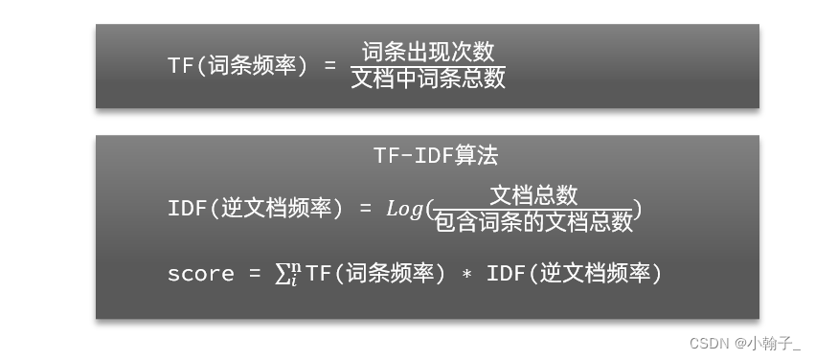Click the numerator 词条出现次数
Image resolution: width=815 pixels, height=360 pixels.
[x=428, y=52]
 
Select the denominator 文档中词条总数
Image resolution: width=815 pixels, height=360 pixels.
[x=428, y=78]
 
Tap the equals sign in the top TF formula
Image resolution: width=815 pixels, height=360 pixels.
[x=329, y=65]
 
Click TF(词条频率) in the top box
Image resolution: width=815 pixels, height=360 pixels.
[x=238, y=65]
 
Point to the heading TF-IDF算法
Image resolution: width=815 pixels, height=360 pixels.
[x=436, y=155]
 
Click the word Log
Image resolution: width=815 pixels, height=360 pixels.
[x=404, y=209]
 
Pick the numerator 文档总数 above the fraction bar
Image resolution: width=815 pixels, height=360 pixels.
[x=533, y=195]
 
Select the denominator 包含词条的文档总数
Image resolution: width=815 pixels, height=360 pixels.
[x=533, y=222]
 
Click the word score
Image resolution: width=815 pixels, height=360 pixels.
[x=200, y=274]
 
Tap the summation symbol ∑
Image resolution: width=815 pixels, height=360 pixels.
[x=283, y=274]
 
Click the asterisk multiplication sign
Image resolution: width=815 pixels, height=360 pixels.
[x=466, y=275]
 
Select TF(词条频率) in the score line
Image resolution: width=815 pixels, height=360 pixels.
[x=375, y=274]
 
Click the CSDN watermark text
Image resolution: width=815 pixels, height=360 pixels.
[x=708, y=341]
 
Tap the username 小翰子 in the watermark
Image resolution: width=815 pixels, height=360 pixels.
[x=778, y=341]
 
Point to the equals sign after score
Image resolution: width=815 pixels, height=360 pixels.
[x=254, y=274]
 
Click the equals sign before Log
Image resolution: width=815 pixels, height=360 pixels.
[x=364, y=209]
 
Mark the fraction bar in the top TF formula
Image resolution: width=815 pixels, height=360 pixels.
[x=428, y=65]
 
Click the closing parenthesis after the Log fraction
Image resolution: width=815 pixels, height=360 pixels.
[x=638, y=209]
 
